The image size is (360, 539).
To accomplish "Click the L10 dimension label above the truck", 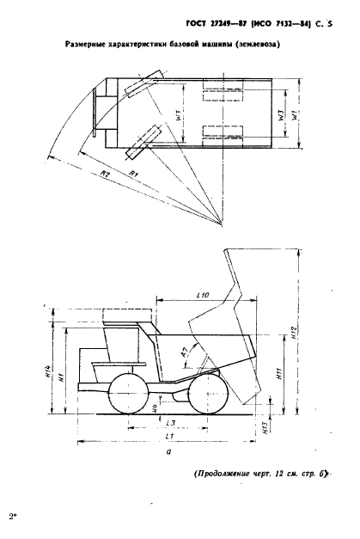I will [x=203, y=296].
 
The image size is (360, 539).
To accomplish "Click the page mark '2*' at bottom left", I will [x=13, y=517].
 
